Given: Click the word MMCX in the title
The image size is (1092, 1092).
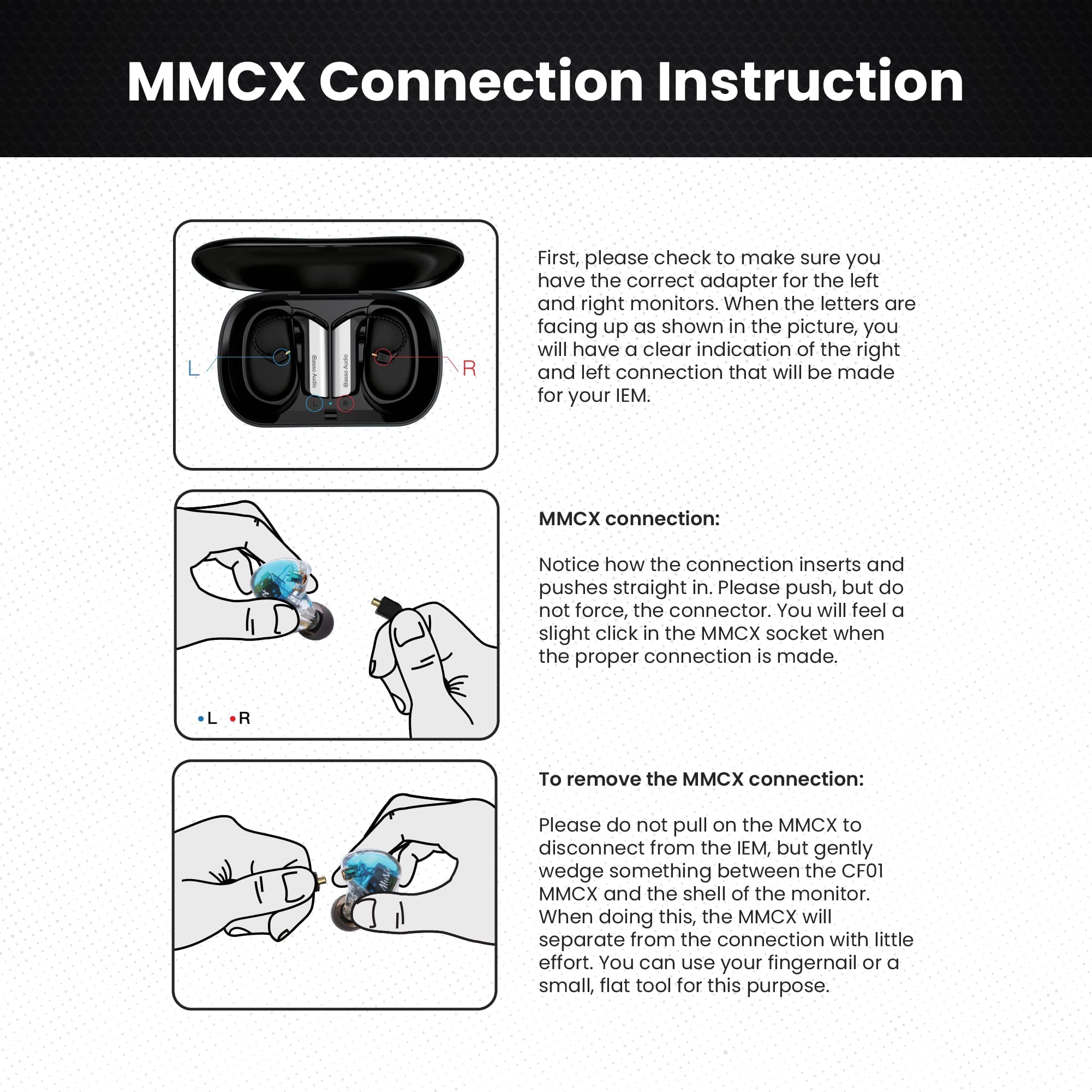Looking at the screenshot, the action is [x=216, y=81].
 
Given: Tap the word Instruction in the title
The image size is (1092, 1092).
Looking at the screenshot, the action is [x=809, y=81].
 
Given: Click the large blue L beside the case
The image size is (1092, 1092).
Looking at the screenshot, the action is [x=194, y=369].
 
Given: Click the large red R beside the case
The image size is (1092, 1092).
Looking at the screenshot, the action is [x=469, y=369].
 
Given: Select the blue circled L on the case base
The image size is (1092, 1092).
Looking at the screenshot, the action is [x=314, y=403].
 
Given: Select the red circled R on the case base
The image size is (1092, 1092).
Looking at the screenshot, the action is [x=345, y=403].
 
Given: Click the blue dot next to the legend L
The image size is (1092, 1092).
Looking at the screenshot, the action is [x=201, y=719].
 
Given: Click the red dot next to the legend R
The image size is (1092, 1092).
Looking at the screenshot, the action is [x=232, y=719].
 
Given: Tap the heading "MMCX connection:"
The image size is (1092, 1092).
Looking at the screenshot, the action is [x=629, y=519].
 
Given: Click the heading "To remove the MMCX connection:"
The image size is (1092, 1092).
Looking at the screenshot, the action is [x=701, y=779].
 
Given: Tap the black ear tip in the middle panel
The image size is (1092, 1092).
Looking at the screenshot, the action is [x=316, y=622].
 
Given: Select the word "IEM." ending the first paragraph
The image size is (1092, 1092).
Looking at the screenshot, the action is [x=632, y=395].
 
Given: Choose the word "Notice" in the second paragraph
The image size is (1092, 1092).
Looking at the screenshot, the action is [x=568, y=565].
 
